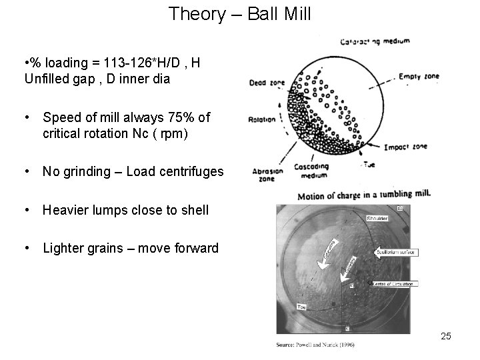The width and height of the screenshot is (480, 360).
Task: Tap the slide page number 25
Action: [x=446, y=336]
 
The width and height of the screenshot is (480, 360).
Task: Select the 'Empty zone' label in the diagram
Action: [x=421, y=76]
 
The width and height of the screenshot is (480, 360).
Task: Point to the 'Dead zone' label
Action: [x=267, y=83]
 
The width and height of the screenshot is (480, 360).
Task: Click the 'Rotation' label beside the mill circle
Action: [x=262, y=120]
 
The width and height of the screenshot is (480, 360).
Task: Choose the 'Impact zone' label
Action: [x=406, y=147]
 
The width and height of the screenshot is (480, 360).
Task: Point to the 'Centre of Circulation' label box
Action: [x=393, y=284]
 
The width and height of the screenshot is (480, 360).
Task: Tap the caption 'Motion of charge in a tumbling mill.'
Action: [x=364, y=195]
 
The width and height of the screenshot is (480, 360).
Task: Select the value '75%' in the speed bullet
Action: [x=173, y=118]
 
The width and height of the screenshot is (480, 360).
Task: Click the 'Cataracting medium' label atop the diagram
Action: [x=375, y=42]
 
